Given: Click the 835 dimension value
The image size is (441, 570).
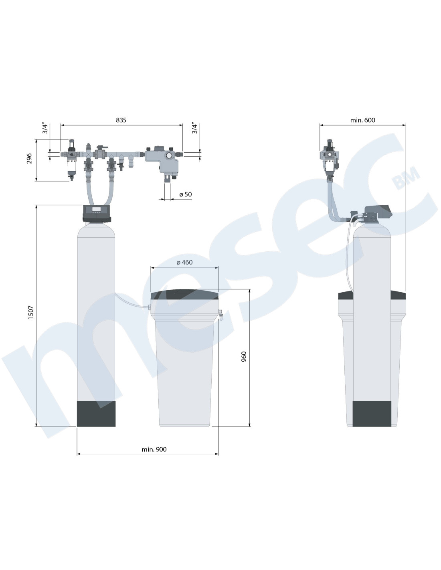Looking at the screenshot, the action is tap(121, 120).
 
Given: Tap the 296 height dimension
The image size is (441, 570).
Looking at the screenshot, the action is tap(29, 158).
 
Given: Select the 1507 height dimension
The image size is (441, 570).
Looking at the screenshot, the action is tap(31, 312).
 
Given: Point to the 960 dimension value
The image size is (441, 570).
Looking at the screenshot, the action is tap(244, 357).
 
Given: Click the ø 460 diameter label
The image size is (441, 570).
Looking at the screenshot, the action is tap(184, 262).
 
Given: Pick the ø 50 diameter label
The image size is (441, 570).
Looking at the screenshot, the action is tap(186, 194).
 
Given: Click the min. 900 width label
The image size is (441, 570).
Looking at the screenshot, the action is tap(154, 449).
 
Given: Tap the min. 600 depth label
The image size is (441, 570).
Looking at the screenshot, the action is tap(362, 120).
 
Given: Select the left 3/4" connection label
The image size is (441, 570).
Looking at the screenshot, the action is tap(45, 128).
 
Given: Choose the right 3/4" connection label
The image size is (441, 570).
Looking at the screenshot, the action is tap(194, 128).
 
